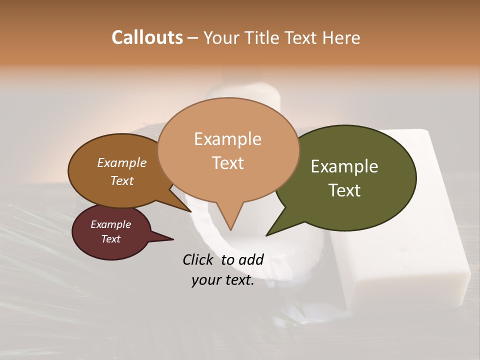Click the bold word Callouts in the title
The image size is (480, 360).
[147, 37]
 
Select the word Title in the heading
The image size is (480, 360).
[262, 37]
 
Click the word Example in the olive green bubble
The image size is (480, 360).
[344, 166]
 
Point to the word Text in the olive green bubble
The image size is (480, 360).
[345, 190]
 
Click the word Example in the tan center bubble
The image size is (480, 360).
[227, 139]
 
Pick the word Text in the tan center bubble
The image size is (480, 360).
[228, 163]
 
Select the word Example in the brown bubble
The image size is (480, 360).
[122, 163]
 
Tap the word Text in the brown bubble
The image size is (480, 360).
[122, 181]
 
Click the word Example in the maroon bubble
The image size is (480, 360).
[110, 224]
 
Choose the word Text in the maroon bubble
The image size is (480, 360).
[110, 239]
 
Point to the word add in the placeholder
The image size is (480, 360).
[251, 260]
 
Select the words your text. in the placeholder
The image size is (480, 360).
[222, 280]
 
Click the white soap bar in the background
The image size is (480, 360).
[400, 250]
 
